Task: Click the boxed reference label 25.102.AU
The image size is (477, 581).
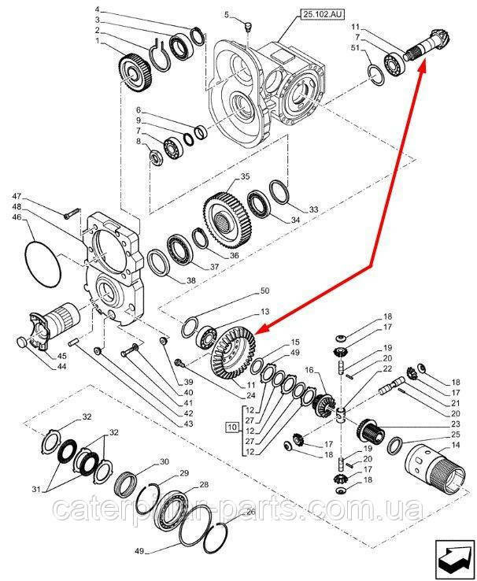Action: tap(322, 14)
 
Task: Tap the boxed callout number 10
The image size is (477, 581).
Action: tap(232, 427)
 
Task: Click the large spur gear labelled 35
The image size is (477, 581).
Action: tap(227, 220)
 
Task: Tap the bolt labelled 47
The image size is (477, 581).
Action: tap(72, 214)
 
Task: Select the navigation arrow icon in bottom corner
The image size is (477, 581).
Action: tap(455, 560)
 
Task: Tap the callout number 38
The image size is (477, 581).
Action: tap(190, 280)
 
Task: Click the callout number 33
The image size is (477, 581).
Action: tap(313, 209)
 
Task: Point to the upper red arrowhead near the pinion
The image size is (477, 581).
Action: tap(422, 68)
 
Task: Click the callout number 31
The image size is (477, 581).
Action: tap(35, 490)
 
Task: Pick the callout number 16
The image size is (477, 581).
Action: tap(309, 371)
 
